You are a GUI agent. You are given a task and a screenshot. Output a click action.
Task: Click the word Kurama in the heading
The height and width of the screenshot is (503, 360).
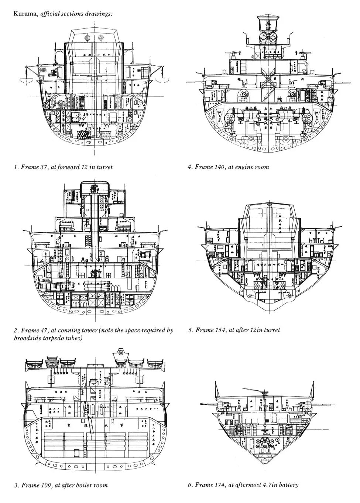25,14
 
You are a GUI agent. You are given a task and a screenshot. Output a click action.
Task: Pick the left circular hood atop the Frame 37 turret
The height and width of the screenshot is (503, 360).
87,38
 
